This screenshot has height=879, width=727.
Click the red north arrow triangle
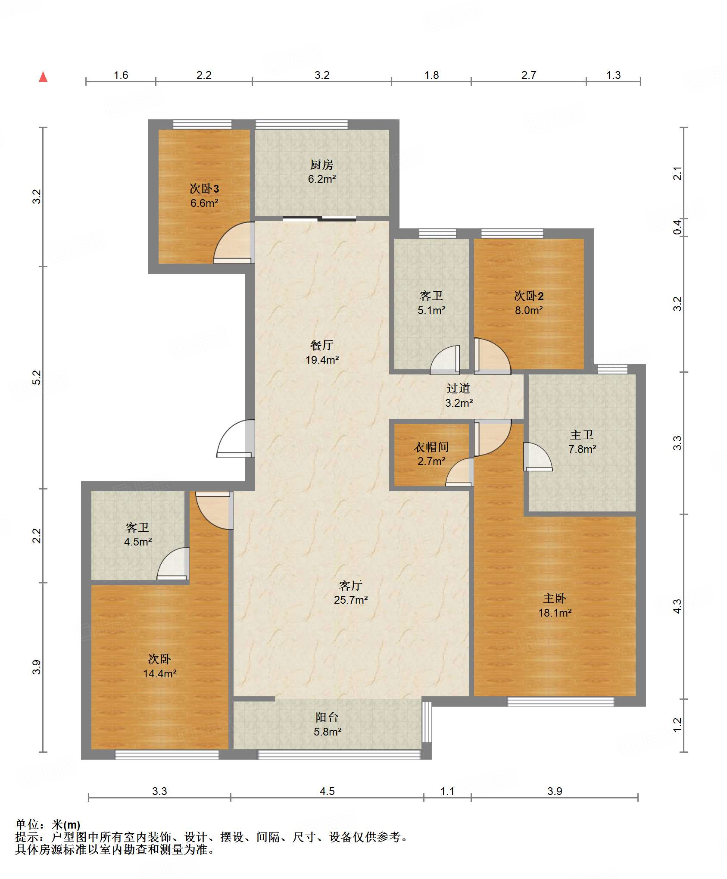(x=43, y=77)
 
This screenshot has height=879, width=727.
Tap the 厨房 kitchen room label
(x=321, y=165)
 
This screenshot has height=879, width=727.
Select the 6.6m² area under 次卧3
(x=204, y=203)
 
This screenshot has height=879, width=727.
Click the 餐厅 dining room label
(x=321, y=345)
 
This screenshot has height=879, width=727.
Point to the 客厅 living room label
(x=350, y=586)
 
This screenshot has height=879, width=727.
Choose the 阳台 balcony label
(x=327, y=717)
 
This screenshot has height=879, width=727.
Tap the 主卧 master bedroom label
(x=554, y=598)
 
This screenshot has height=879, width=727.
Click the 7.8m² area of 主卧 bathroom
(x=582, y=449)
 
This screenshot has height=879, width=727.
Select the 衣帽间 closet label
(x=431, y=447)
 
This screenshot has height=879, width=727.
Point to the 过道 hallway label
(x=458, y=389)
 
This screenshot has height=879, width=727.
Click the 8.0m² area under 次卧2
(x=529, y=310)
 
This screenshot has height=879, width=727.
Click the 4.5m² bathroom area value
(x=138, y=542)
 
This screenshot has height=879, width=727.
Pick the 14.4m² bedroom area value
(x=160, y=673)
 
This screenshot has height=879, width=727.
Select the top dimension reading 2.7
(x=529, y=75)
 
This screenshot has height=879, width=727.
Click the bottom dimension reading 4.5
(x=327, y=791)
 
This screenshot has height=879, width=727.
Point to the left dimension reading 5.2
(x=37, y=377)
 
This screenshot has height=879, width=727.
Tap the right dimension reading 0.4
(x=678, y=227)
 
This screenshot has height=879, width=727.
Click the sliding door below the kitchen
(x=319, y=218)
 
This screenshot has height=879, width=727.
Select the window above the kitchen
(x=302, y=125)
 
